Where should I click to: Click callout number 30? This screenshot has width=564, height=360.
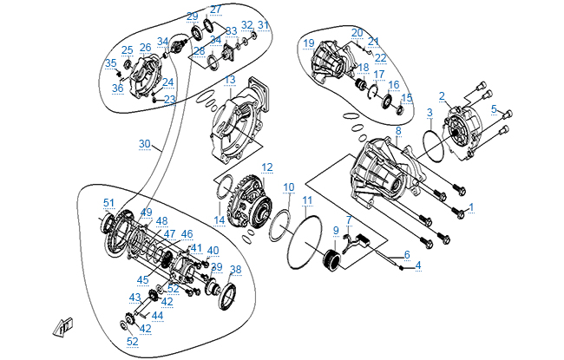[144, 143]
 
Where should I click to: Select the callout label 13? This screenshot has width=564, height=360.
[229, 80]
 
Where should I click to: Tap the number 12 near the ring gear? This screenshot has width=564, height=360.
[267, 167]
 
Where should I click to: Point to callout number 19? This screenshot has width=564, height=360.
[308, 43]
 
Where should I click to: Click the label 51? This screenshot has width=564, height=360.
[108, 203]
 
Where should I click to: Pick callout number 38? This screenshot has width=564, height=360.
[235, 269]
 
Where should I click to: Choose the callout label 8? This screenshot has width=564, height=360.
[397, 131]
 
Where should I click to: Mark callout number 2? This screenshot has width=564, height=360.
[442, 95]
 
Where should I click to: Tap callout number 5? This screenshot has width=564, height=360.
[494, 109]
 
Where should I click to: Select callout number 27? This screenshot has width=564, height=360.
[215, 10]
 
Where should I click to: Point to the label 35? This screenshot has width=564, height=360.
[110, 62]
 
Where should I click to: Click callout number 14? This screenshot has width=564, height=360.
[220, 220]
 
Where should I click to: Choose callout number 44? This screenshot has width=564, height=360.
[157, 316]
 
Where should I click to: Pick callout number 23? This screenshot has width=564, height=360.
[170, 99]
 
